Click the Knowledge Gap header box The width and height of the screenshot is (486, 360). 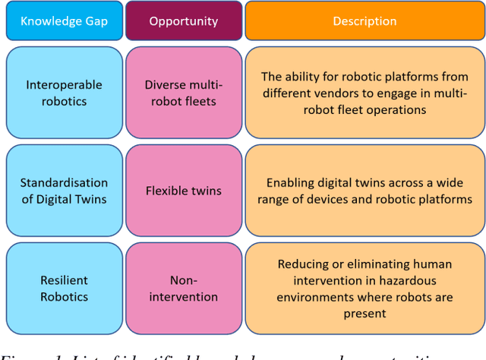[x=64, y=21]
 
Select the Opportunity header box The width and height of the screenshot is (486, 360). [x=183, y=21]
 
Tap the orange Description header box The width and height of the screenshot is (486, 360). [x=364, y=21]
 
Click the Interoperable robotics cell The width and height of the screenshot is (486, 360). [x=64, y=93]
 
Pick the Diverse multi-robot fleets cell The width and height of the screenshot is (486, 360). [x=183, y=93]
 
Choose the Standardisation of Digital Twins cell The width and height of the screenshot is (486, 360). [x=64, y=190]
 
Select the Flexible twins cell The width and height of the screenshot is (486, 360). [x=183, y=190]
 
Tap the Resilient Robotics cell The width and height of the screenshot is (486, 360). [x=64, y=288]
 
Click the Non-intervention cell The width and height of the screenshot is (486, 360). [x=183, y=288]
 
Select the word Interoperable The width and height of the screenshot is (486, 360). [x=64, y=85]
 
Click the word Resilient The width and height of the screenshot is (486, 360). [x=64, y=280]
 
